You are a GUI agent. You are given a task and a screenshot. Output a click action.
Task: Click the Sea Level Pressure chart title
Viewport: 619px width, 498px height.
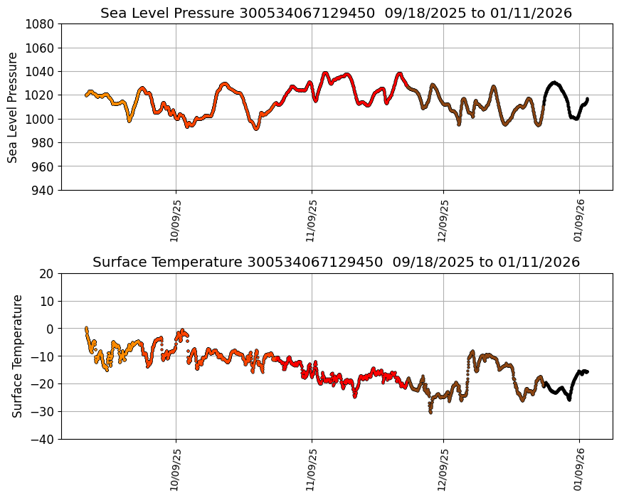point(336,13)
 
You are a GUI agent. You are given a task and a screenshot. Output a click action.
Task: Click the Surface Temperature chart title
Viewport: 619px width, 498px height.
point(336,262)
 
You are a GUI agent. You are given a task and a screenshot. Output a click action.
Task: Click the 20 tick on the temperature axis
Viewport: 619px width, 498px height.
point(47,273)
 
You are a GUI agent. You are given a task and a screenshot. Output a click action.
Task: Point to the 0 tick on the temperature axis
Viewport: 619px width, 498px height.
point(51,329)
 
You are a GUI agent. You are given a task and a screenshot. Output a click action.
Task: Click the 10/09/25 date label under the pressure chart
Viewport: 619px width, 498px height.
point(176,221)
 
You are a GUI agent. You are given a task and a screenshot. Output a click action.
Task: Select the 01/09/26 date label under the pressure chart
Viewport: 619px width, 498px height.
point(579,221)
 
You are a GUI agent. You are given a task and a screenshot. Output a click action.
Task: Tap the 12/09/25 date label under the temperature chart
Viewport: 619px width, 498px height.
point(444,470)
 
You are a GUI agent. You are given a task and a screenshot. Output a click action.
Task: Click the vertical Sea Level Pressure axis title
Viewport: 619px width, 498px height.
point(14,107)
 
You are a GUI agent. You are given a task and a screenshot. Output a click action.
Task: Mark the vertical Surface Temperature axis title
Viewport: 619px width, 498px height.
point(18,356)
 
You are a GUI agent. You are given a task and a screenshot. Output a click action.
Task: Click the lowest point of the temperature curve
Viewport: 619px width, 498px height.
point(430,412)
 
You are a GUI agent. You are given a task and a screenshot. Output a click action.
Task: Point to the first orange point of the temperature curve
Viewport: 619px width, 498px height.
point(86,328)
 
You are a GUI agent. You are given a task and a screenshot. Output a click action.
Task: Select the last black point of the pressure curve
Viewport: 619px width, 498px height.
point(587,99)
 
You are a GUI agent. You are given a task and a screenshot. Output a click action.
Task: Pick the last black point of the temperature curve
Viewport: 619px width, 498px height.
point(586,371)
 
